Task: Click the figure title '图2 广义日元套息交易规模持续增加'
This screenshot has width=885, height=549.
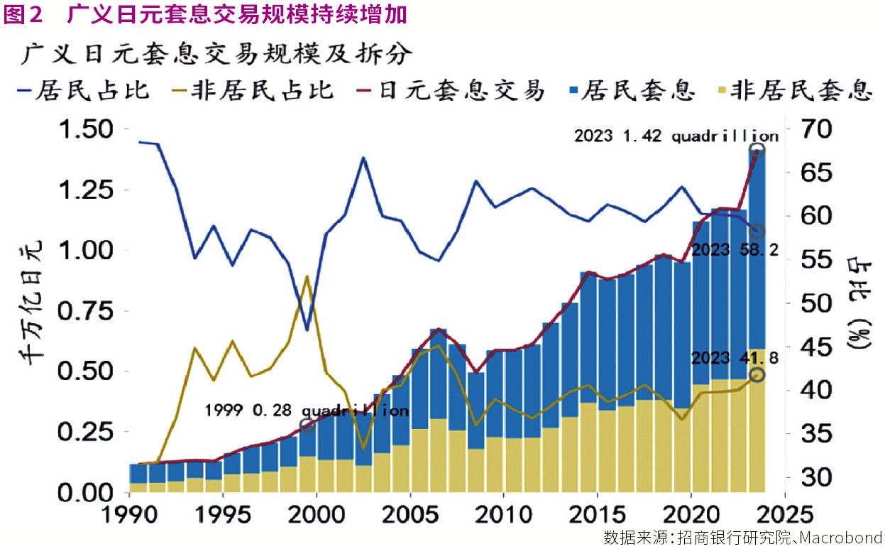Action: coord(206,14)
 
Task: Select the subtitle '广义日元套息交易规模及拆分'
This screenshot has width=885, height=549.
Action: coord(216,54)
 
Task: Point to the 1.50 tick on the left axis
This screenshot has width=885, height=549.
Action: coord(82,130)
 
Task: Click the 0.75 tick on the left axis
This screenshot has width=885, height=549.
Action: coord(82,311)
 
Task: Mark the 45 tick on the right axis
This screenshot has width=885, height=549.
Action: coord(813,347)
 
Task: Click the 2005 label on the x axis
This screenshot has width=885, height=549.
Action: coord(409,513)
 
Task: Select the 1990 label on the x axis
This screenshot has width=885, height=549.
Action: coord(129,513)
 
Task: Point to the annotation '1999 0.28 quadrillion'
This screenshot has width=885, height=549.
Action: coord(307,411)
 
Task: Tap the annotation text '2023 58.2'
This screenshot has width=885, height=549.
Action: coord(735,250)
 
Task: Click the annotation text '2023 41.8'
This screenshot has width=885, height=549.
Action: coord(735,357)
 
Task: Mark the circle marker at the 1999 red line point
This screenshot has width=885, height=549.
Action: coord(307,425)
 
